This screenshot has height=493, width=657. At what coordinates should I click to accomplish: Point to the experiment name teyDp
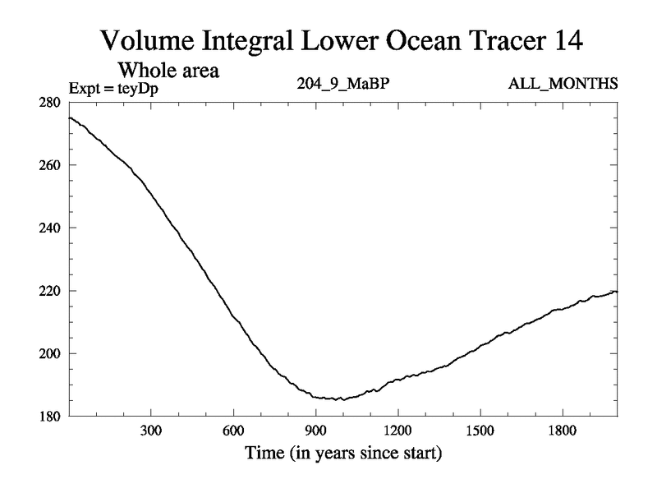pos(134,86)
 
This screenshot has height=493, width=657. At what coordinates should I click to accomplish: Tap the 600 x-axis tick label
pos(233,431)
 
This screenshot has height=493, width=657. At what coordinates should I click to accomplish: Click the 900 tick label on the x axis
pos(315,431)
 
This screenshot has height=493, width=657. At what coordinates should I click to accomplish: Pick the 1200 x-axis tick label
pos(397,431)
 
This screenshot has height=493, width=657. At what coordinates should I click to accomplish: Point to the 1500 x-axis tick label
pos(480,431)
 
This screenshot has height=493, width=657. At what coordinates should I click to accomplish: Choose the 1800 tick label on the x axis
pos(562,431)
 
